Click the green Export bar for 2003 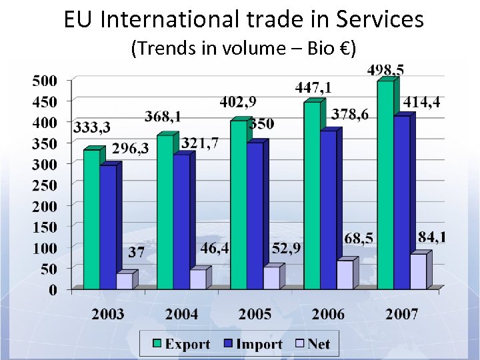91,220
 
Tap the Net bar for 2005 271,277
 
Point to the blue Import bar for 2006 328,210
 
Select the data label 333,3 92,127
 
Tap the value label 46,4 215,249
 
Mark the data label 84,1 433,237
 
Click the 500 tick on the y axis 45,81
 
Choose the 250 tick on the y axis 45,185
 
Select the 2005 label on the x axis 255,314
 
